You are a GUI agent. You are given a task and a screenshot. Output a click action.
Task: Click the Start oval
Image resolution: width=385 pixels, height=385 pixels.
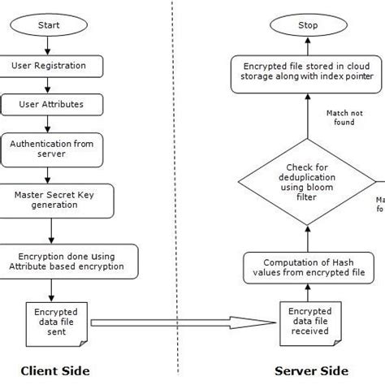50,25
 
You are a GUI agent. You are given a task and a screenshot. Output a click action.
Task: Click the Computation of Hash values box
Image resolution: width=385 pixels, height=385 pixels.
308,267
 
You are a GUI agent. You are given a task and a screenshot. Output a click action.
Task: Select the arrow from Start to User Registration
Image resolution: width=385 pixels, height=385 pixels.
50,45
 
